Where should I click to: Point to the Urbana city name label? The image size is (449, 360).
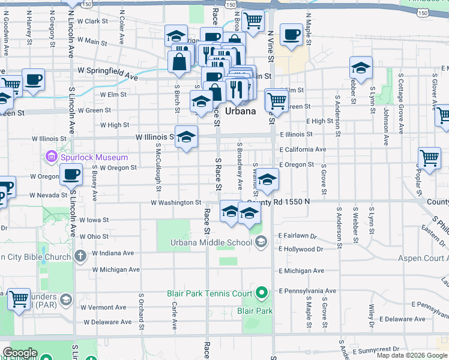pyautogui.click(x=241, y=111)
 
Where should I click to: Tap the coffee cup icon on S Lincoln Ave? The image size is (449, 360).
pyautogui.click(x=71, y=175)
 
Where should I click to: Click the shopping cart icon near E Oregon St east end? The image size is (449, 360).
pyautogui.click(x=430, y=158)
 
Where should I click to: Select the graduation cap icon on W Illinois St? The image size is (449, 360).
pyautogui.click(x=186, y=137)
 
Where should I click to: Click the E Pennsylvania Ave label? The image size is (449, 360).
pyautogui.click(x=306, y=291)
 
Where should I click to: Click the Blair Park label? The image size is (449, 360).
pyautogui.click(x=255, y=311)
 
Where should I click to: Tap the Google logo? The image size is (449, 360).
pyautogui.click(x=19, y=353)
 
